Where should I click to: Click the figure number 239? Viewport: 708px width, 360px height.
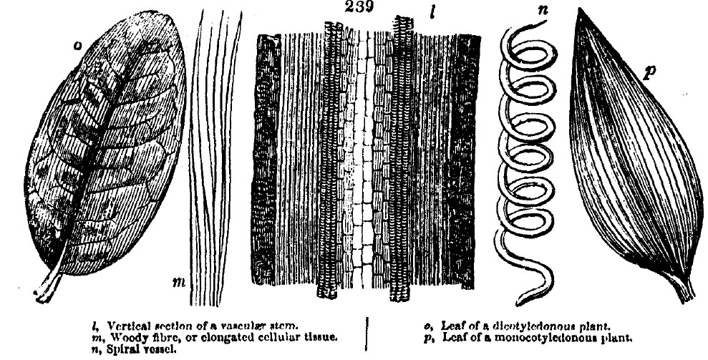coord(359,6)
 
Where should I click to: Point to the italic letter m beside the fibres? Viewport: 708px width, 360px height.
coord(179,283)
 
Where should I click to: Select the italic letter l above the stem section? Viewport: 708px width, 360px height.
coord(432,12)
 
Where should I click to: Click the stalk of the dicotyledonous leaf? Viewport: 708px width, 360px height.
coord(49,285)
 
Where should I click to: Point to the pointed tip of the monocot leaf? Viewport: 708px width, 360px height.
coord(578,9)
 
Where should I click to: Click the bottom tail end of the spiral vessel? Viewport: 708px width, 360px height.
coord(519,301)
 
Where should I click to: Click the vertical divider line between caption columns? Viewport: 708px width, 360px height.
coord(367,334)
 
